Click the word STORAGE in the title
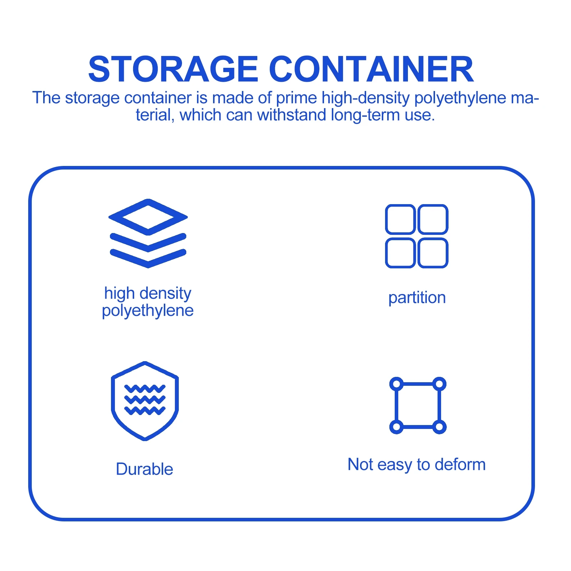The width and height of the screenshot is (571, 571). [173, 69]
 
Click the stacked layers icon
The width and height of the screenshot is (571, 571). [148, 233]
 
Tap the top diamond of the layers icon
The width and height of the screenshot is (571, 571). [148, 217]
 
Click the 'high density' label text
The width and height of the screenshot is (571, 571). [148, 293]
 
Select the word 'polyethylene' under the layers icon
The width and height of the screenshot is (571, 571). [148, 310]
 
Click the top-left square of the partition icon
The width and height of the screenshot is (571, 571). [400, 219]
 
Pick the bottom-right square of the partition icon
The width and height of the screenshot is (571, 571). [433, 253]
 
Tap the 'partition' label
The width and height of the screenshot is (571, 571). [417, 298]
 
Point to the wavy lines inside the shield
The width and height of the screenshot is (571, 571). [145, 400]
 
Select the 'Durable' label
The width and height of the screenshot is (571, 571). [145, 469]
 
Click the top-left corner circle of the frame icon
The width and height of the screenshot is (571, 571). [396, 384]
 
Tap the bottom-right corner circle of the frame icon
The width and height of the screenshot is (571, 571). [439, 426]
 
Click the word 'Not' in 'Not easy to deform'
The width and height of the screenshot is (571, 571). [360, 465]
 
